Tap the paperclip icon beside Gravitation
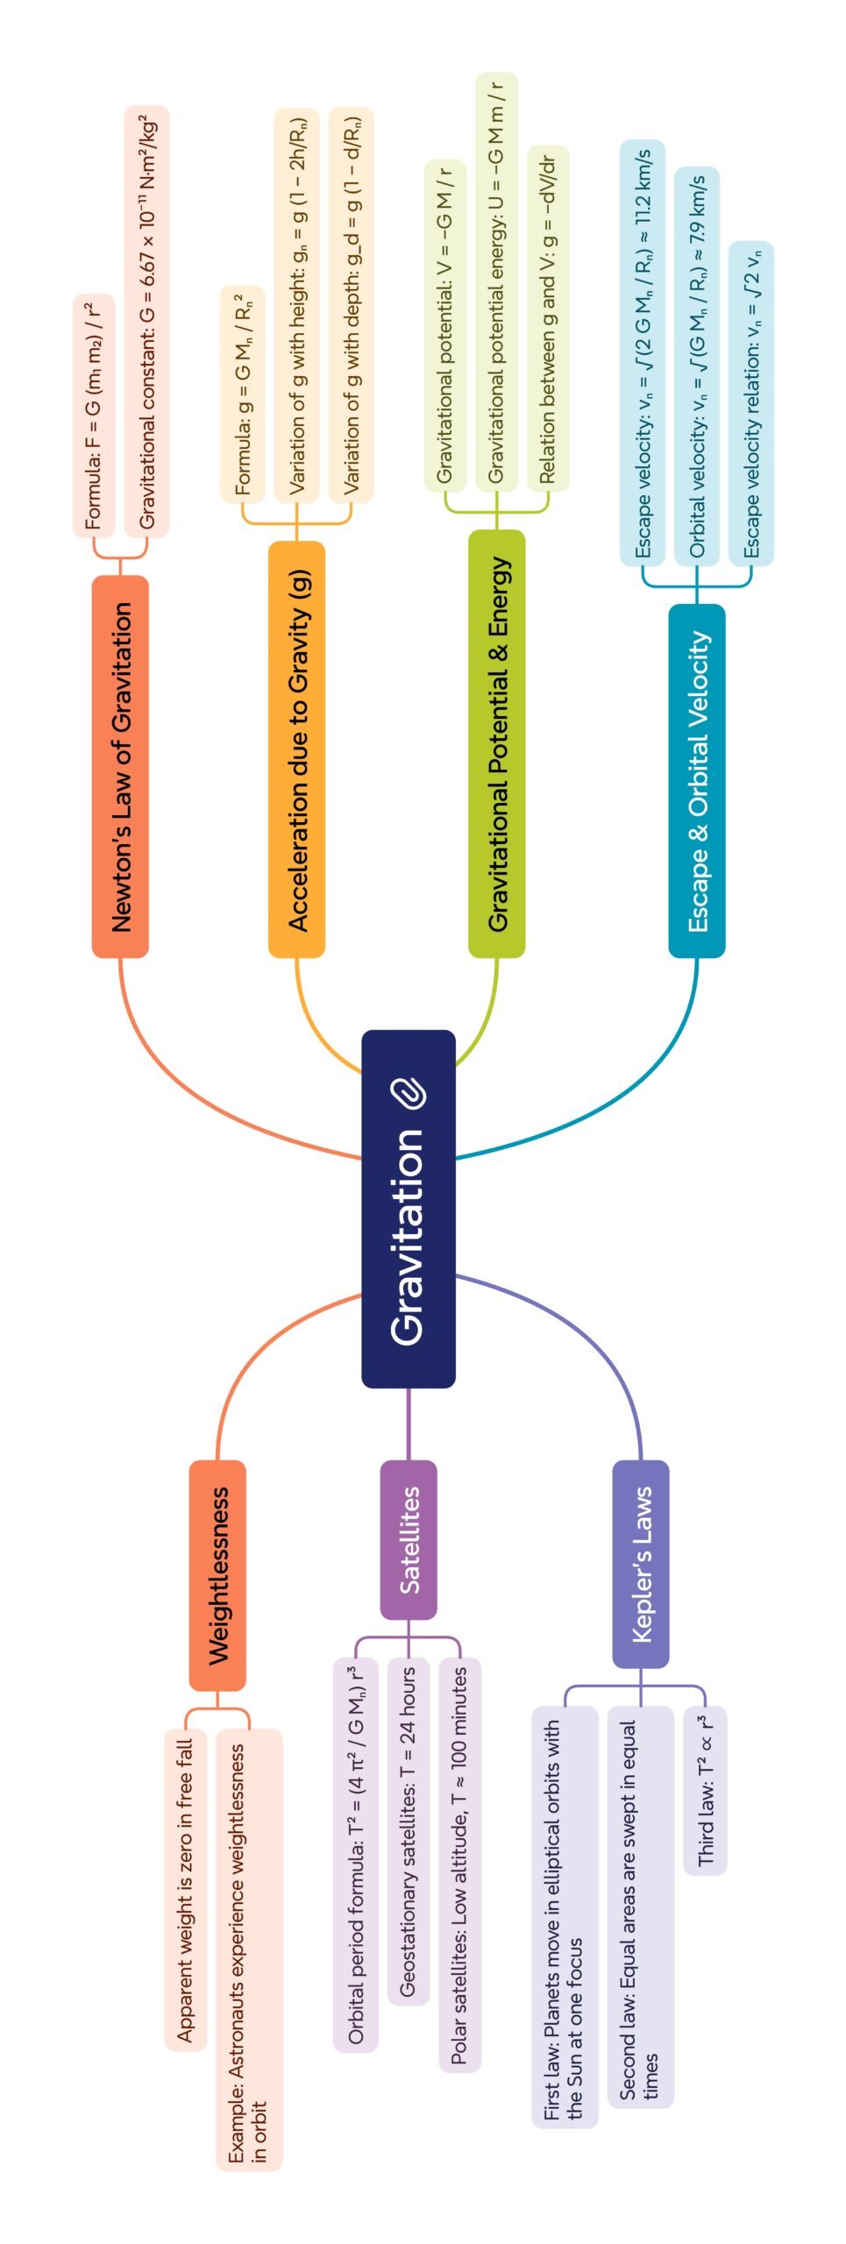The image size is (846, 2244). (409, 1093)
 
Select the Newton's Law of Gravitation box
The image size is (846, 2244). (120, 766)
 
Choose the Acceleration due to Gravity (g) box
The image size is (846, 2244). (297, 749)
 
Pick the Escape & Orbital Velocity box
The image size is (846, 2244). (697, 780)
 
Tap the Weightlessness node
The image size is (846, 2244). (217, 1575)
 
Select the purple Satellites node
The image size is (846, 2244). (409, 1539)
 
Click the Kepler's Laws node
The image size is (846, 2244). (641, 1564)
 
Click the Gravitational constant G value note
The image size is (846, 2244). (146, 321)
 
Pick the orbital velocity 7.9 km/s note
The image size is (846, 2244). (697, 366)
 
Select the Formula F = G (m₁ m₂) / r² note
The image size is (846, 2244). (94, 415)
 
